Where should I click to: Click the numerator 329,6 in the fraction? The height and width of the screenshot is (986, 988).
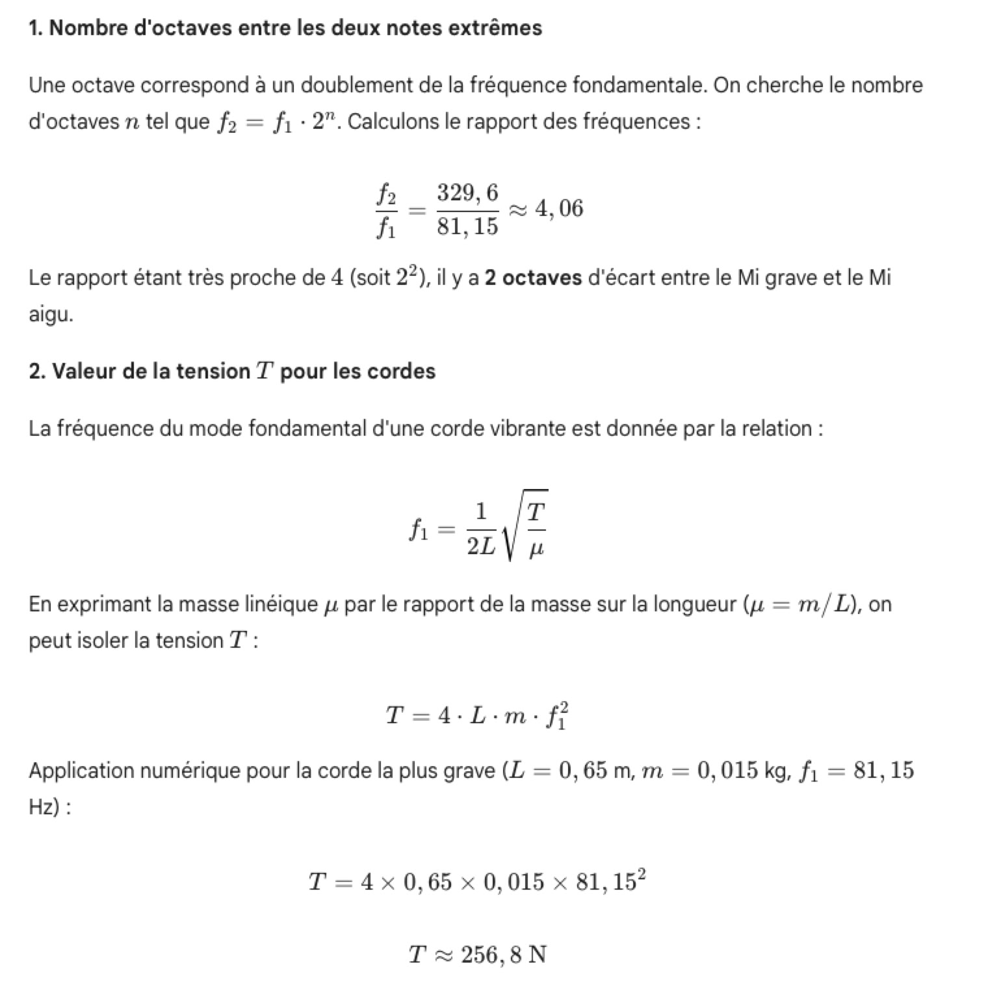click(467, 193)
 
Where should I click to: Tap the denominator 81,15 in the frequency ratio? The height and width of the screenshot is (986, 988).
click(467, 226)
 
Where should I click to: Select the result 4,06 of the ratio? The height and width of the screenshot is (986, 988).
click(559, 208)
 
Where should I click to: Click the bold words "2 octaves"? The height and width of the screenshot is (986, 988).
click(533, 278)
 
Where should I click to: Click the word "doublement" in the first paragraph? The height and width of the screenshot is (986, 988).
click(356, 85)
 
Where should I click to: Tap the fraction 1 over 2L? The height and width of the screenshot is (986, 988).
click(480, 530)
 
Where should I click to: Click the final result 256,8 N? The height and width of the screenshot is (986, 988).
click(504, 955)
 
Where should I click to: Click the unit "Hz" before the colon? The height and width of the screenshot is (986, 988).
click(42, 807)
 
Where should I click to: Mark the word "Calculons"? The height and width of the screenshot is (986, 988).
click(393, 122)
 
